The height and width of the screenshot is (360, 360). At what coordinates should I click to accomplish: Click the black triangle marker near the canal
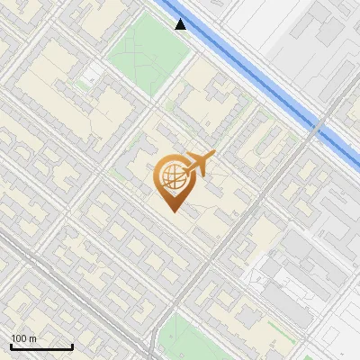(x=181, y=23)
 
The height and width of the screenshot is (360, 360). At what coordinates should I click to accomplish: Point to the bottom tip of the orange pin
(x=171, y=211)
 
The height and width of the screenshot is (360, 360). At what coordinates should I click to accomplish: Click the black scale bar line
(x=41, y=347)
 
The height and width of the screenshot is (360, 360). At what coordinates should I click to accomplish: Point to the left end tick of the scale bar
(x=11, y=346)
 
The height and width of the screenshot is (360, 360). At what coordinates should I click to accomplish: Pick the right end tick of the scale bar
(x=72, y=346)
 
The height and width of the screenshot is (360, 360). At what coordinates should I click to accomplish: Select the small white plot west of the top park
(x=91, y=72)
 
